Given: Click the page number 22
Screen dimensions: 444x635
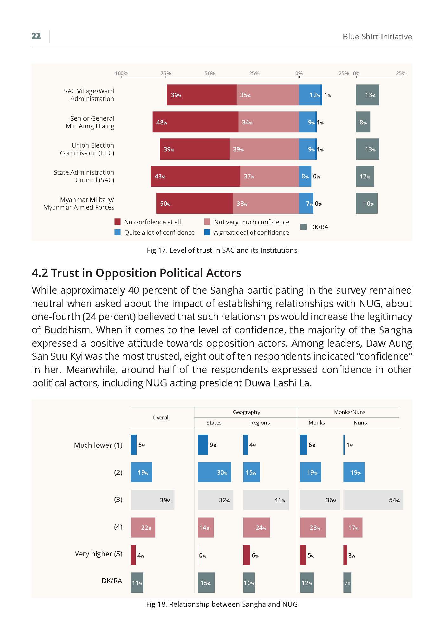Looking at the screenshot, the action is (x=36, y=36).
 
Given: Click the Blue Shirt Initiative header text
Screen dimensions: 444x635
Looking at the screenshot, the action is (x=377, y=37).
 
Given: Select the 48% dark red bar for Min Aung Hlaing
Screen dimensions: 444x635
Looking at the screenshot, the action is (x=195, y=122).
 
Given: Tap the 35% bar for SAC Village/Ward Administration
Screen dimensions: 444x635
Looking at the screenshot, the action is (x=268, y=95).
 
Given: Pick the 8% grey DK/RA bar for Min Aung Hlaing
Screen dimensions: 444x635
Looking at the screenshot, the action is (x=363, y=122).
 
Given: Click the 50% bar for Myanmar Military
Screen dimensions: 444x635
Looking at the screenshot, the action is (x=195, y=203).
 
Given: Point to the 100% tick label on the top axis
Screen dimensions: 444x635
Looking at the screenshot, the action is (x=121, y=73).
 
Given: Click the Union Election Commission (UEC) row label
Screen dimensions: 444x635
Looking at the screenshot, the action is (x=87, y=149).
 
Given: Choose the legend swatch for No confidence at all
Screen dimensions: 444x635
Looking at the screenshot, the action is (x=118, y=222).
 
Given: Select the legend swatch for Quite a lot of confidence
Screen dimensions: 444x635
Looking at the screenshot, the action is (x=118, y=232).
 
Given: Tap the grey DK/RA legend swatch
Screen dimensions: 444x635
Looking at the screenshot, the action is (x=304, y=227).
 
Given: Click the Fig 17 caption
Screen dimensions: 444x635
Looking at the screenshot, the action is (x=222, y=250).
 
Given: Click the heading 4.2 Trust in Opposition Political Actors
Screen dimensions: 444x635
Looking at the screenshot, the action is (x=137, y=273).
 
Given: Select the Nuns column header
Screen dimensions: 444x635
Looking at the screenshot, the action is (x=360, y=423).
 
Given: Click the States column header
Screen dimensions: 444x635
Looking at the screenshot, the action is (x=214, y=423).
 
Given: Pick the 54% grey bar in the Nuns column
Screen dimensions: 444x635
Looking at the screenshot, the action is (x=373, y=500).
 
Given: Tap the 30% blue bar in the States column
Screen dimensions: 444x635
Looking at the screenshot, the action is (x=214, y=472).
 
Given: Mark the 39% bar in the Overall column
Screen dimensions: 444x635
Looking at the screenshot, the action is (x=153, y=500).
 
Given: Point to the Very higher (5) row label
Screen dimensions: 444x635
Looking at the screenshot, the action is (x=99, y=554).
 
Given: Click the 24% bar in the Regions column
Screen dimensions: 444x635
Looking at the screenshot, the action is (x=257, y=527).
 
